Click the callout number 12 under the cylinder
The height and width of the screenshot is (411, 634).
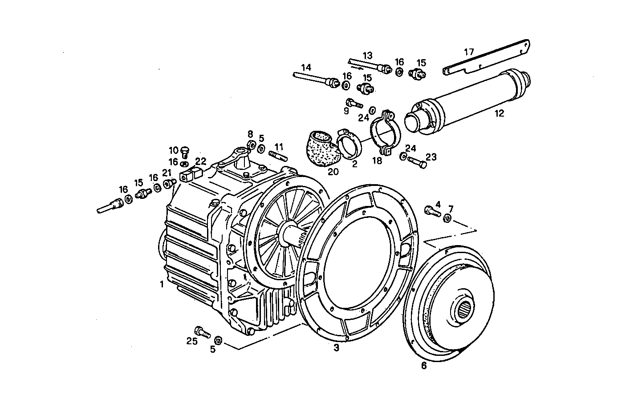[499, 113]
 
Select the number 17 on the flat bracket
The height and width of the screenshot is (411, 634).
[469, 52]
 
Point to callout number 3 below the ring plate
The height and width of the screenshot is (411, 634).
[336, 348]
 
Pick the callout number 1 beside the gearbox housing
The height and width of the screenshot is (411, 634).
[162, 284]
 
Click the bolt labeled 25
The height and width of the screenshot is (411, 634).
[203, 331]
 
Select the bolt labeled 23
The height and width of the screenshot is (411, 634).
[417, 161]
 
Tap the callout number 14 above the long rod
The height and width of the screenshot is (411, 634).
[305, 68]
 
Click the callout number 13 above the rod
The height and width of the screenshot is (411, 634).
[367, 56]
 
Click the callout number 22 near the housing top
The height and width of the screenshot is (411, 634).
[200, 161]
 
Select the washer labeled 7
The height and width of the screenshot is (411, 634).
[447, 218]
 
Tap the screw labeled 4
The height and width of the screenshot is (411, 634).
[432, 210]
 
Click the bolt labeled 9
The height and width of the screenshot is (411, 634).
[354, 103]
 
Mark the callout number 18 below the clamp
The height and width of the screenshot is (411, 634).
[377, 161]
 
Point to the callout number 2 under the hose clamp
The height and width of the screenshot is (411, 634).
[354, 164]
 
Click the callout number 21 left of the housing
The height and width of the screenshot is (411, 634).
[167, 173]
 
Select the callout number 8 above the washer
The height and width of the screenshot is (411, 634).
[250, 134]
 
